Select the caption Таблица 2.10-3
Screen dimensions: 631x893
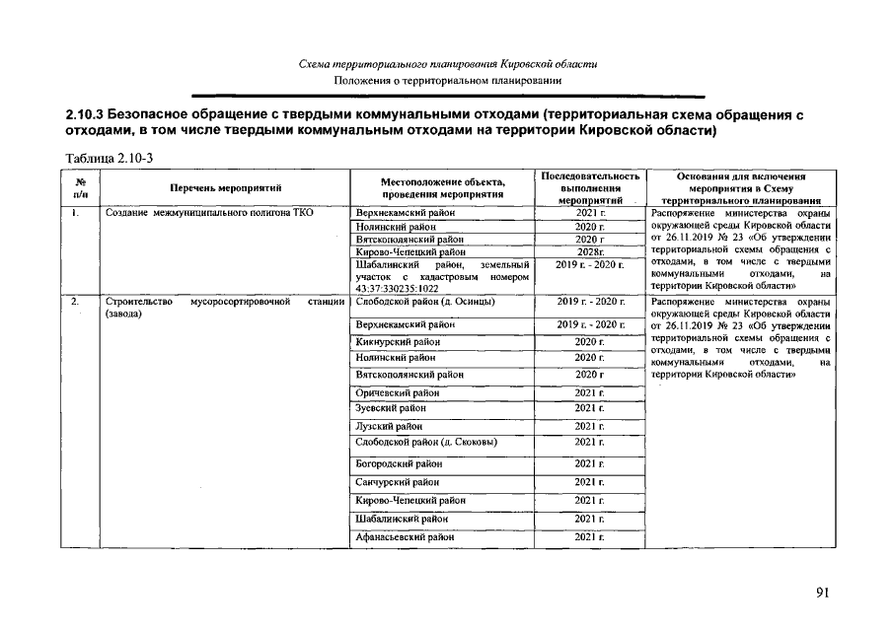[x=111, y=158]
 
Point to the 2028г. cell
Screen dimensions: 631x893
[x=589, y=252]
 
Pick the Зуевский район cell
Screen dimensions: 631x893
[x=390, y=407]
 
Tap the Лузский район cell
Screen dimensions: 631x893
[x=388, y=427]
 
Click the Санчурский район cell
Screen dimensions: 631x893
[x=397, y=482]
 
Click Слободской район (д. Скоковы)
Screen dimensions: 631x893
[x=425, y=443]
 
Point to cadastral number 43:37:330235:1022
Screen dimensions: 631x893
[x=397, y=289]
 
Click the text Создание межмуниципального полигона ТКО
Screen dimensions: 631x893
[x=202, y=212]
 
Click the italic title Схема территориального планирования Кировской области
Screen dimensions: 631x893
[x=447, y=64]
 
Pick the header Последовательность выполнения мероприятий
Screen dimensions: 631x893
[x=589, y=187]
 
